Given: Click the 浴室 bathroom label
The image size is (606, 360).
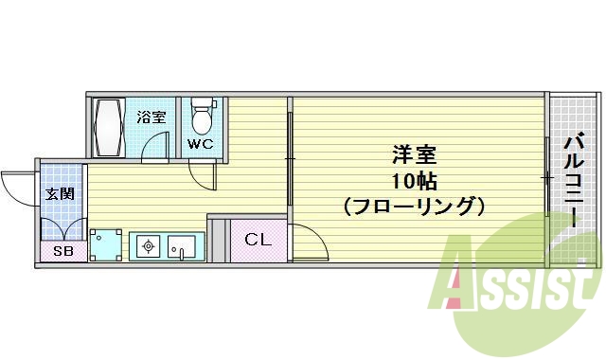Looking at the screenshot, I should (x=151, y=117).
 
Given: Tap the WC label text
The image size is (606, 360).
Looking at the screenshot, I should (x=199, y=145).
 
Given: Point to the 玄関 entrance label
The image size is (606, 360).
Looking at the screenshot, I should (x=60, y=195).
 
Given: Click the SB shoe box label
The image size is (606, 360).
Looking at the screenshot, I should (x=62, y=251).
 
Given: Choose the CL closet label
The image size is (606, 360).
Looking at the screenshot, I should (x=258, y=240).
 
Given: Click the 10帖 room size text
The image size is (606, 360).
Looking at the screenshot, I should (x=414, y=180).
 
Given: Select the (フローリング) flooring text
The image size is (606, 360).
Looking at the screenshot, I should (x=414, y=206).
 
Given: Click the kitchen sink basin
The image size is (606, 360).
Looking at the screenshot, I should (x=181, y=247).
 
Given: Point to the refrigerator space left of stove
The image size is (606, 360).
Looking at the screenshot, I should (x=106, y=244).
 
